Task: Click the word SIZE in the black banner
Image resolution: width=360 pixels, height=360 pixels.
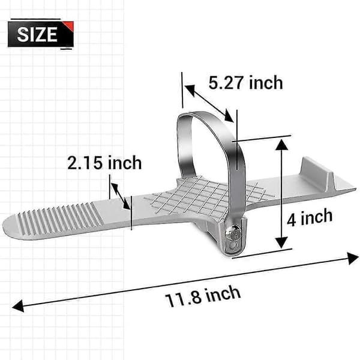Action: pyautogui.click(x=37, y=34)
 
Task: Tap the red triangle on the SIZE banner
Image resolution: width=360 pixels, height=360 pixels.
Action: pyautogui.click(x=70, y=26)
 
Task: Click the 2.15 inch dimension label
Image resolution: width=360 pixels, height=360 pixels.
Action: pyautogui.click(x=104, y=163)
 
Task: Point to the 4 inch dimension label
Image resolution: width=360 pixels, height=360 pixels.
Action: pyautogui.click(x=310, y=217)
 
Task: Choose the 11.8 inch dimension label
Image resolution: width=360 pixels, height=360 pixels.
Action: pyautogui.click(x=203, y=296)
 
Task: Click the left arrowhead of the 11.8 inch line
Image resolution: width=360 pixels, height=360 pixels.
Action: pyautogui.click(x=18, y=306)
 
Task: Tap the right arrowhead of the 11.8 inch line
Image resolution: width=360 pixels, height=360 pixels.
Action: pyautogui.click(x=352, y=258)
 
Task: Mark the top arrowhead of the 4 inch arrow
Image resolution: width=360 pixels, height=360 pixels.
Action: pyautogui.click(x=281, y=145)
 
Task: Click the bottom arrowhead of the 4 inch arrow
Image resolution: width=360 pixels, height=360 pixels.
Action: pyautogui.click(x=281, y=243)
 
